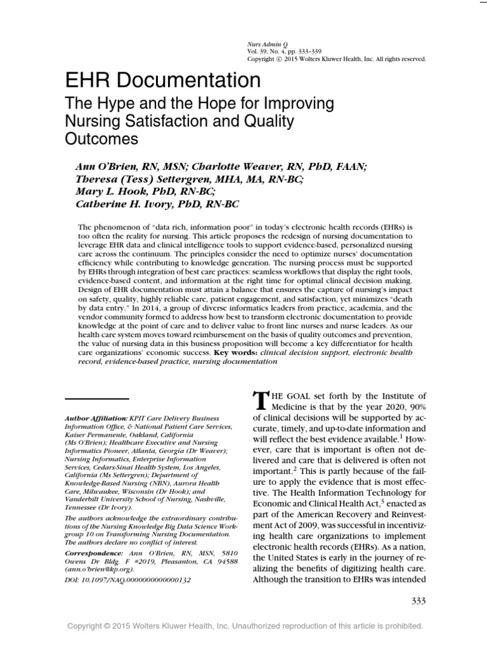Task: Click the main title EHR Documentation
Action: (163, 81)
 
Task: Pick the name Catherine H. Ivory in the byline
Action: (127, 203)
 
